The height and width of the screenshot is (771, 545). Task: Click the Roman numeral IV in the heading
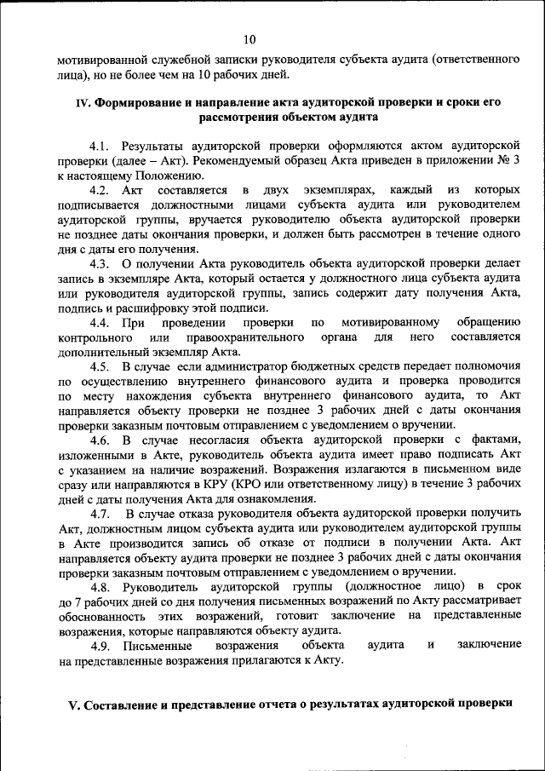pyautogui.click(x=83, y=101)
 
